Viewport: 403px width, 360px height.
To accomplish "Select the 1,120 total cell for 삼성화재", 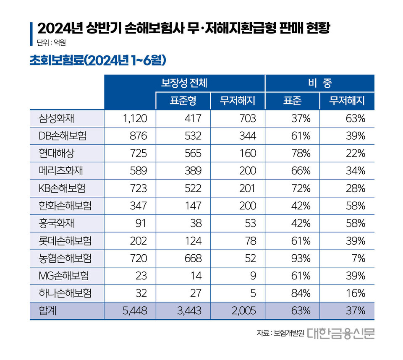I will (x=135, y=119).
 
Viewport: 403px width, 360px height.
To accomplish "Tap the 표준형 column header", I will (x=183, y=101).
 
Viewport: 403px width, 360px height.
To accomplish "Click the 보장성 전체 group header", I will (x=184, y=83).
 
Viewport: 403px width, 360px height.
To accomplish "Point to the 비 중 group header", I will (x=319, y=83).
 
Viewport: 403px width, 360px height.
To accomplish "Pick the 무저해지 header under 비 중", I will (x=347, y=101).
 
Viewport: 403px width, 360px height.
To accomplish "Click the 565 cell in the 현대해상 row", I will (x=193, y=154).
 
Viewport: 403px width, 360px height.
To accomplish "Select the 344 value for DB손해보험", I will (x=247, y=136).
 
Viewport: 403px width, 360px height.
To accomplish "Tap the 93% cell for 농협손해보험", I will (x=301, y=258).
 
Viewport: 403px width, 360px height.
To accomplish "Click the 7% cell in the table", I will (x=359, y=258).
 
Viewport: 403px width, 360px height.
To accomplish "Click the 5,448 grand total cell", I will (x=134, y=311).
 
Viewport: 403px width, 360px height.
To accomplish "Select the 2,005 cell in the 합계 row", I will (x=242, y=311).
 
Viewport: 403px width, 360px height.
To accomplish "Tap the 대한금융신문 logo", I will (x=341, y=333).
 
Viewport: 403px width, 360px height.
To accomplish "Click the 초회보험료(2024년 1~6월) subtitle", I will (x=99, y=60).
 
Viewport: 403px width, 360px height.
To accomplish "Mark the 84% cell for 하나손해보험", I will (x=301, y=293).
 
